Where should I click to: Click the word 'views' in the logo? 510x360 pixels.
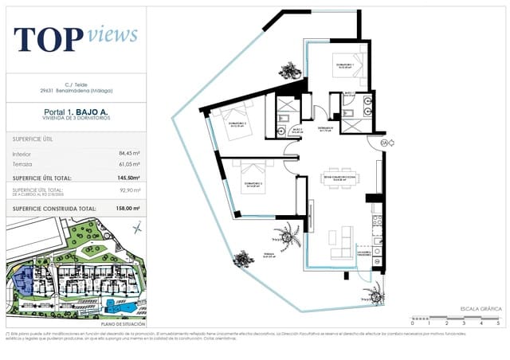(112, 34)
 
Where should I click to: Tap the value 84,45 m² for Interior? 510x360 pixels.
(129, 153)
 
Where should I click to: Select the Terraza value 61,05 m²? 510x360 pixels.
(129, 164)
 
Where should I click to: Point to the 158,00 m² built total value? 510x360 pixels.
(127, 209)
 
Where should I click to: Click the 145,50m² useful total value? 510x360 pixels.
(127, 178)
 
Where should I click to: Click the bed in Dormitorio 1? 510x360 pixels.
(351, 61)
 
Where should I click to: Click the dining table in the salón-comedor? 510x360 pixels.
(343, 178)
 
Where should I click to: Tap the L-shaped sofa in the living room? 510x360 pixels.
(343, 243)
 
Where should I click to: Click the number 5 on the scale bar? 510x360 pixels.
(498, 324)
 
